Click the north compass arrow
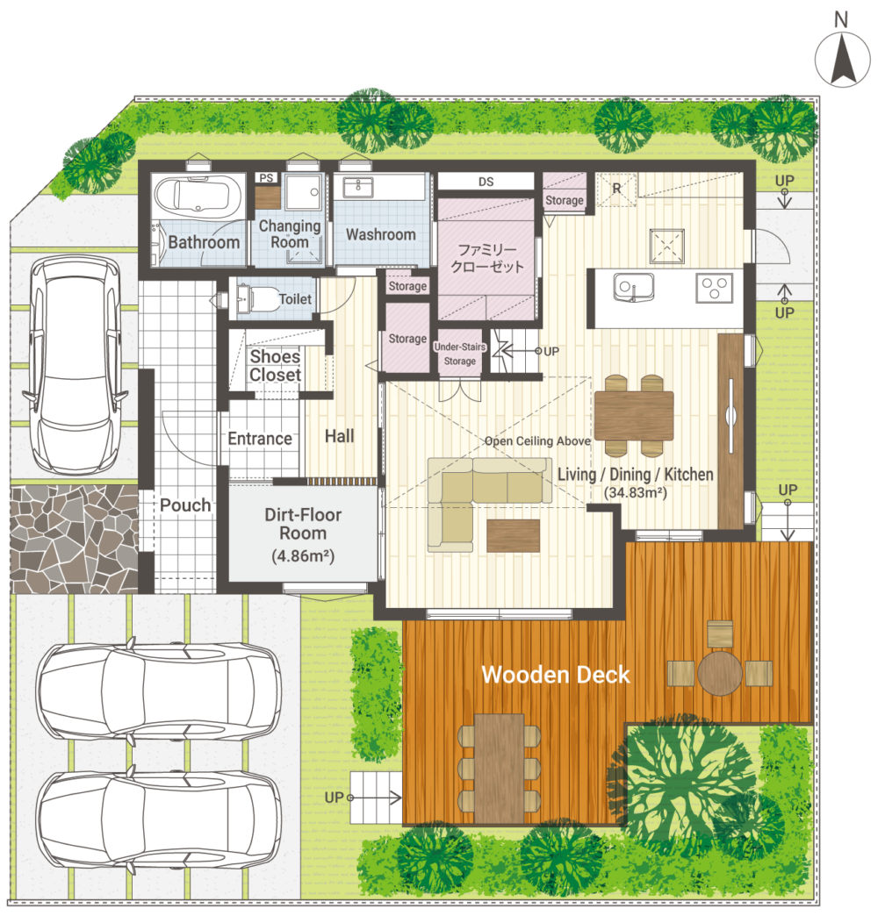pyautogui.click(x=842, y=60)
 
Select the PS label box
pyautogui.click(x=267, y=177)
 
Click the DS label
pyautogui.click(x=486, y=182)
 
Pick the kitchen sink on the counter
pyautogui.click(x=633, y=288)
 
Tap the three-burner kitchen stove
pyautogui.click(x=715, y=288)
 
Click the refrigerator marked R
pyautogui.click(x=616, y=189)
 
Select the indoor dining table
pyautogui.click(x=634, y=415)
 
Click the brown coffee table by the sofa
pyautogui.click(x=514, y=536)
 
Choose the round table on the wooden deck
pyautogui.click(x=720, y=673)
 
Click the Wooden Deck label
pyautogui.click(x=555, y=675)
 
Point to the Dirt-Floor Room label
pyautogui.click(x=303, y=534)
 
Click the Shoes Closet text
pyautogui.click(x=276, y=366)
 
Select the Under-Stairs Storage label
pyautogui.click(x=460, y=354)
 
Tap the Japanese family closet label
pyautogui.click(x=487, y=258)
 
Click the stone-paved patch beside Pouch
pyautogui.click(x=75, y=539)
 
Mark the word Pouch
pyautogui.click(x=185, y=505)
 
